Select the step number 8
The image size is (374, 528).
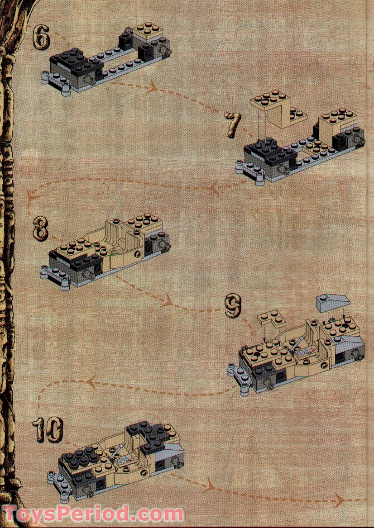(40, 229)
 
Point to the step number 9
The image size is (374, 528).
(233, 307)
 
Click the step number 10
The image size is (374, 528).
(48, 430)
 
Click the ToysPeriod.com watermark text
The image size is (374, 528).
(93, 514)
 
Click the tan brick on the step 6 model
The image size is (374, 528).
(148, 32)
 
